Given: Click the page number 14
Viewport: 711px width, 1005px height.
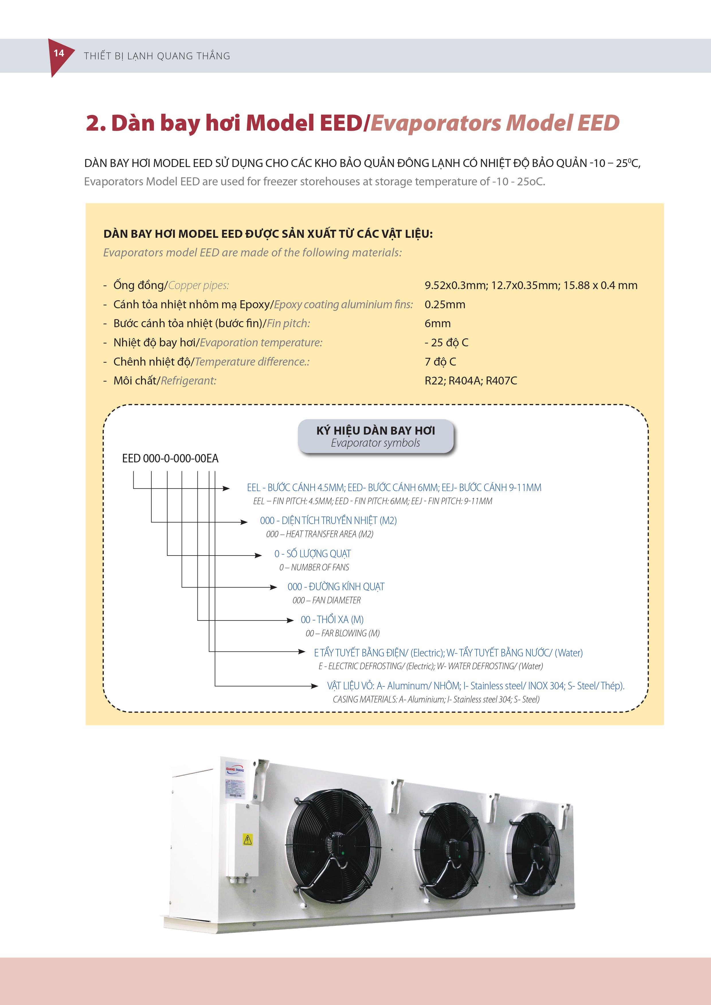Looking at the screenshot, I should (59, 53).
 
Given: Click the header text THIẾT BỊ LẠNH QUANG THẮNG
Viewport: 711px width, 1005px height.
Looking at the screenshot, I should (157, 56).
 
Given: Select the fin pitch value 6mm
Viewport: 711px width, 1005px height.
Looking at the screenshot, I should (437, 323).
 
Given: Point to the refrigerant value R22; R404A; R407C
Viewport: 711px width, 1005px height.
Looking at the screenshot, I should (471, 381).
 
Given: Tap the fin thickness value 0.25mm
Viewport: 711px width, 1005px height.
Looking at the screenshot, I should (445, 305).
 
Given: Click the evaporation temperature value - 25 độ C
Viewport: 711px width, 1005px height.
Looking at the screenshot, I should (446, 343).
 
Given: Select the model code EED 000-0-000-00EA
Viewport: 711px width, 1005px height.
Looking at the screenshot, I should (170, 458).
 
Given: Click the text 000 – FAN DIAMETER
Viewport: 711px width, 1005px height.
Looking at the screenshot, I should (327, 600).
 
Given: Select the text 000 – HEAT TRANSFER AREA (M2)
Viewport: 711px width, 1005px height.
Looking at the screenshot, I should (320, 534).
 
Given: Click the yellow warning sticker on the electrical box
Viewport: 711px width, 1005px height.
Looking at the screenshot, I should (247, 839).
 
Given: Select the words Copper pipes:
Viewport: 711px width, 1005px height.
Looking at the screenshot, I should (198, 285).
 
